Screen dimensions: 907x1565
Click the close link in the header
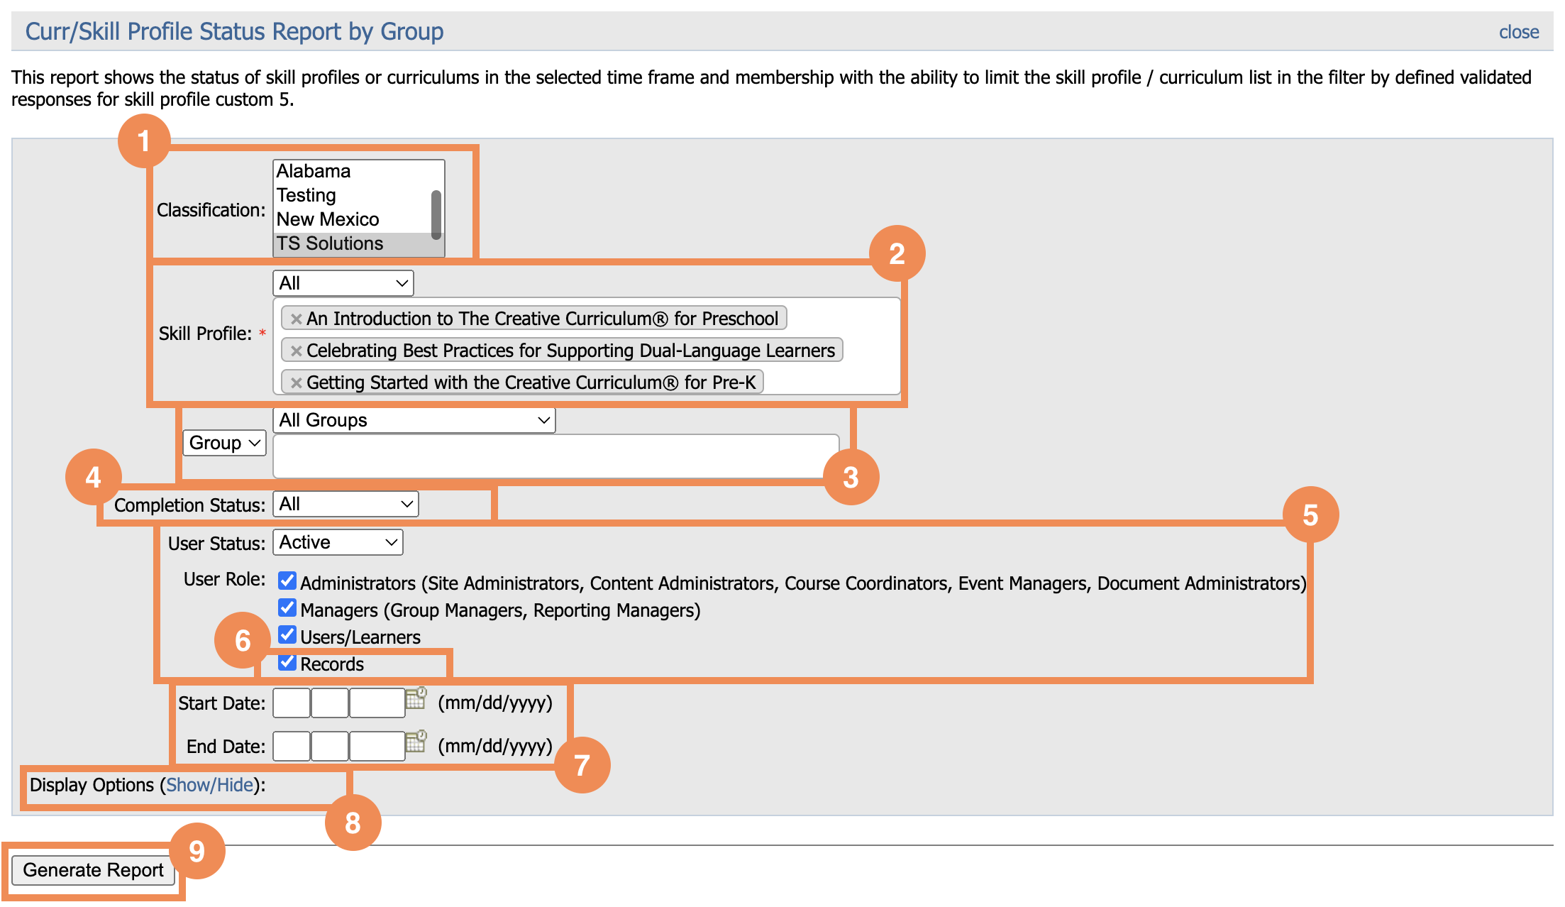[1518, 32]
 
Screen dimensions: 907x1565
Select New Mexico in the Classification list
[328, 219]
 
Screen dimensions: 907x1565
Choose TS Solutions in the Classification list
[330, 243]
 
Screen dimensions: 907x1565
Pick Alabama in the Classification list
[314, 171]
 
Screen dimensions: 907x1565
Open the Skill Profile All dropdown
[343, 283]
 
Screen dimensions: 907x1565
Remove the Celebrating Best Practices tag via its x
[297, 351]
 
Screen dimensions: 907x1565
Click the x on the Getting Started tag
[297, 383]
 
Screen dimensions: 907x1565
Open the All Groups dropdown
[414, 420]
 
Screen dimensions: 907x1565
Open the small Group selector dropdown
[224, 443]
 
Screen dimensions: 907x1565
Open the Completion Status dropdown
[345, 504]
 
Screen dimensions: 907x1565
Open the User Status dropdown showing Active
[338, 542]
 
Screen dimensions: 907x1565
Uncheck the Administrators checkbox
[287, 581]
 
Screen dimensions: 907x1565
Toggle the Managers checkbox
[287, 608]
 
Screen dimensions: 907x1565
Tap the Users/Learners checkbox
[287, 634]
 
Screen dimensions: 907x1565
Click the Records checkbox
[287, 662]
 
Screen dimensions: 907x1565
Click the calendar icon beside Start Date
[416, 699]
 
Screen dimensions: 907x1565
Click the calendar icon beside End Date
[416, 742]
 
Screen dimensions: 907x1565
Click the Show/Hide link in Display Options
[210, 785]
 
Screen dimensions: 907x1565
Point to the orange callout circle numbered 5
[1310, 515]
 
